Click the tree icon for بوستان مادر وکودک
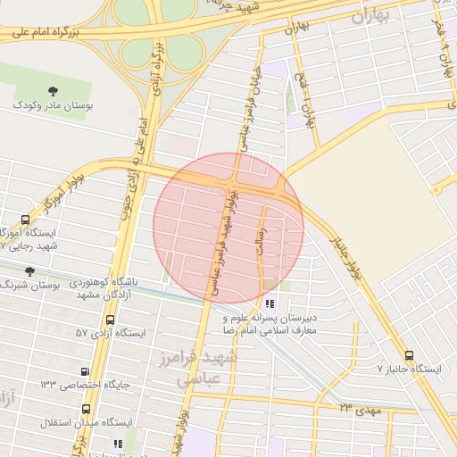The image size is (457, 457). point(54,90)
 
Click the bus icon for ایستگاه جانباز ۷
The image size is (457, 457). point(409,354)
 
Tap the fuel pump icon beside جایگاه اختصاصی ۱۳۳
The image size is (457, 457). point(85,372)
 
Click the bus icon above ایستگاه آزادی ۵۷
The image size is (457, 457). point(110,320)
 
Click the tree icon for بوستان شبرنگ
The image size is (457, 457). point(29,271)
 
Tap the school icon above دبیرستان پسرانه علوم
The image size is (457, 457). point(270,303)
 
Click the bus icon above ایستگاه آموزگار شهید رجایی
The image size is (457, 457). point(24,220)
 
